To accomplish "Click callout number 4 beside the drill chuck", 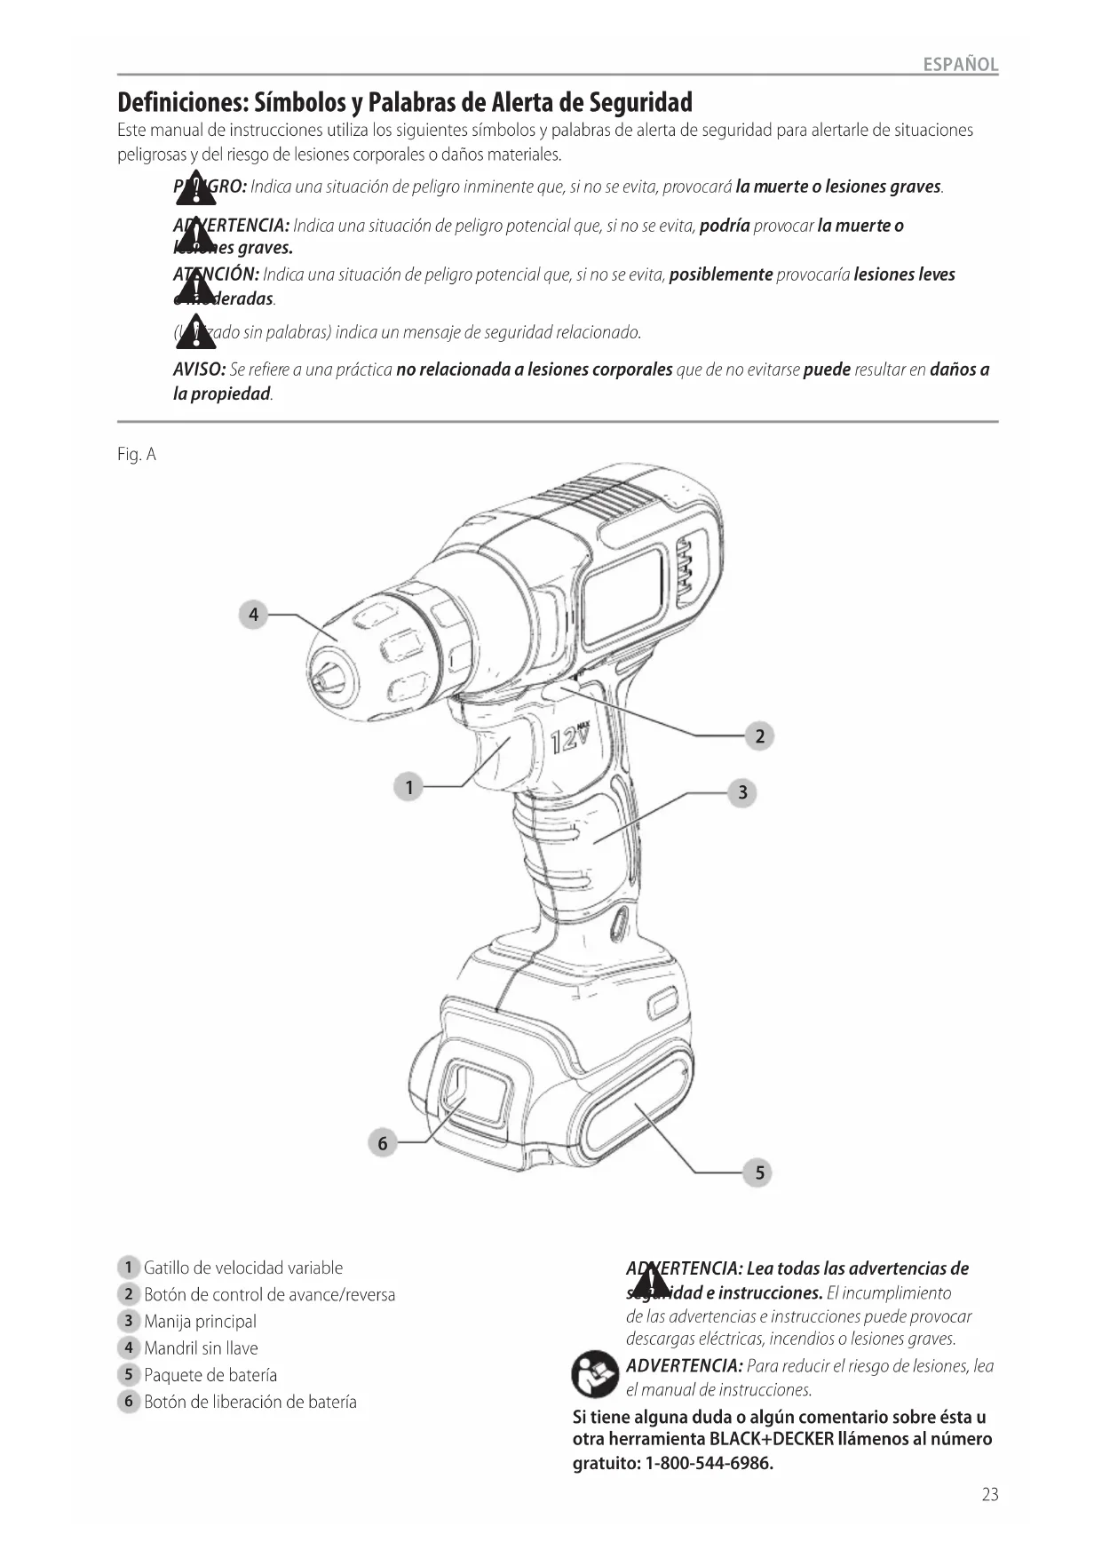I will (x=253, y=614).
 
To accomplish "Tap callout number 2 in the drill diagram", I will (x=759, y=736).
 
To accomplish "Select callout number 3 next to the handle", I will (x=742, y=792).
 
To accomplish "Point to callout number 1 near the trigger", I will (x=408, y=787).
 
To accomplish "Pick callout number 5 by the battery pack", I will (x=759, y=1172).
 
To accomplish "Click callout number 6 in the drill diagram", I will (x=383, y=1143).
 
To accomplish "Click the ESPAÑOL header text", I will (x=960, y=65).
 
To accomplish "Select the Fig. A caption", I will (x=137, y=455).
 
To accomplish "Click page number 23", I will (x=990, y=1495).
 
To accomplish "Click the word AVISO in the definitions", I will (x=199, y=370).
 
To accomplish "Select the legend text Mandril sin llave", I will (x=201, y=1348).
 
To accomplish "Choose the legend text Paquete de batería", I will (x=210, y=1375).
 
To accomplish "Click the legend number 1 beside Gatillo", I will (x=128, y=1268).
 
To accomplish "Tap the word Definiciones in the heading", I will (x=183, y=102).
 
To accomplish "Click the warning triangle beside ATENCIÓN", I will (x=194, y=288).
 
